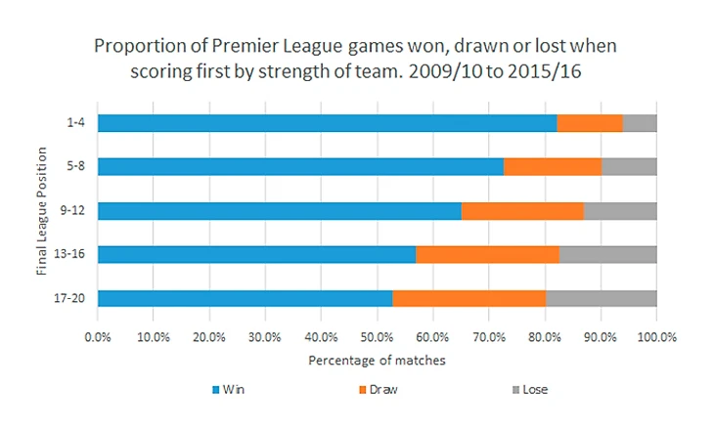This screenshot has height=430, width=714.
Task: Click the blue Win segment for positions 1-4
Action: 327,122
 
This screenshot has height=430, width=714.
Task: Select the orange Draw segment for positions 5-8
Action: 553,166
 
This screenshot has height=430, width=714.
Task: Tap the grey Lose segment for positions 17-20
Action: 601,298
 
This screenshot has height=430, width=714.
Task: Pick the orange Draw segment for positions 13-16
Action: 487,254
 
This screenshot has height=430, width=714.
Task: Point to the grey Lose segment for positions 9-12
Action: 620,210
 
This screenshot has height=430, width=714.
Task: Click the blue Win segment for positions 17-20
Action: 245,298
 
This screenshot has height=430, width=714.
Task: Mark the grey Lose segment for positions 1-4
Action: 640,122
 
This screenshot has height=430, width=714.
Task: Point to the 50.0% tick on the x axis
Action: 378,336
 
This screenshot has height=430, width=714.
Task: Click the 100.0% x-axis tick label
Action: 656,336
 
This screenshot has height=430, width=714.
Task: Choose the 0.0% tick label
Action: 98,336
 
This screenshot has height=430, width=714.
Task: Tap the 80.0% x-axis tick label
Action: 545,336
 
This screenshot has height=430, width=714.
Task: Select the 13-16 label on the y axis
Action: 69,254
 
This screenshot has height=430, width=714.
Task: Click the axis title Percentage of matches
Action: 377,360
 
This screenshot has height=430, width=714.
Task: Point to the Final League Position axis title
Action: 42,210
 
